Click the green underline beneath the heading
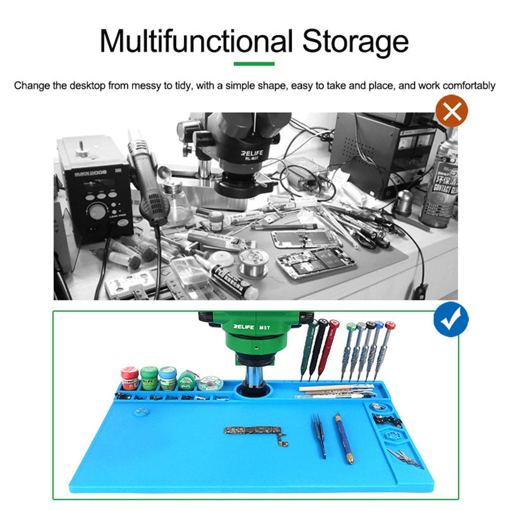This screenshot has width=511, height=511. [x=254, y=64]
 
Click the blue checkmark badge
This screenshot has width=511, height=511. [x=451, y=320]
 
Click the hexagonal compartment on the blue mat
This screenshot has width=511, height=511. [x=394, y=436]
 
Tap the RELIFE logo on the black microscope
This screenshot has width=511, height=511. [x=253, y=153]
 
